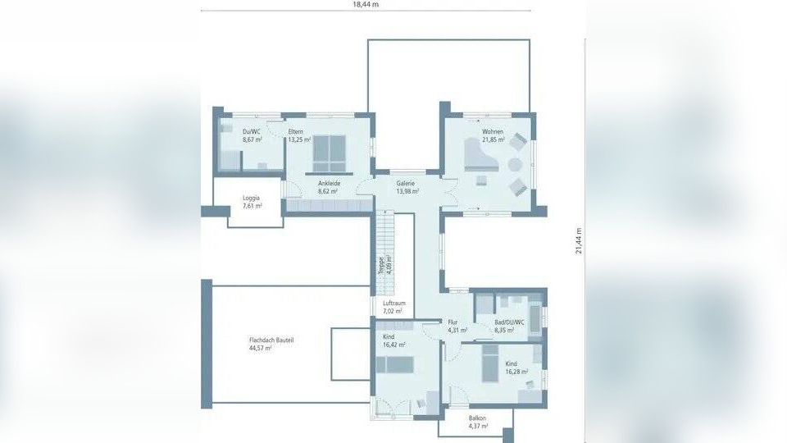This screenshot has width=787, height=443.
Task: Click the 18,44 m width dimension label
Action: click(366, 4)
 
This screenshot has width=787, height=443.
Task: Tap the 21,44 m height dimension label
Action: click(578, 240)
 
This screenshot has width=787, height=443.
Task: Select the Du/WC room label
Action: click(252, 135)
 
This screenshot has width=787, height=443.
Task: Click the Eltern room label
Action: click(296, 135)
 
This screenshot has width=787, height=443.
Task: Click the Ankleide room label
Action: click(329, 187)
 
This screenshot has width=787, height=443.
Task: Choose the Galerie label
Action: click(407, 187)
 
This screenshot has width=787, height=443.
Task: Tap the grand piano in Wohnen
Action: click(479, 155)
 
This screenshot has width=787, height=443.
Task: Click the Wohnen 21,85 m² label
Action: click(493, 135)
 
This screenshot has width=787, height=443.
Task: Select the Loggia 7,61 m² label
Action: click(252, 202)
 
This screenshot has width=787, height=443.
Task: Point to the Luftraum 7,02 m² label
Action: click(393, 307)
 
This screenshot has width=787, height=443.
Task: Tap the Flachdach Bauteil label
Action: click(271, 343)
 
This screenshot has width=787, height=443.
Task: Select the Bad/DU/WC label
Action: click(508, 326)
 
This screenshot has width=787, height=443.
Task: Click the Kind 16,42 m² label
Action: click(393, 340)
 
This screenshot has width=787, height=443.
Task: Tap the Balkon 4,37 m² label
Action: click(478, 422)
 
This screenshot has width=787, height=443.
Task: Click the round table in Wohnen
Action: click(514, 164)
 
